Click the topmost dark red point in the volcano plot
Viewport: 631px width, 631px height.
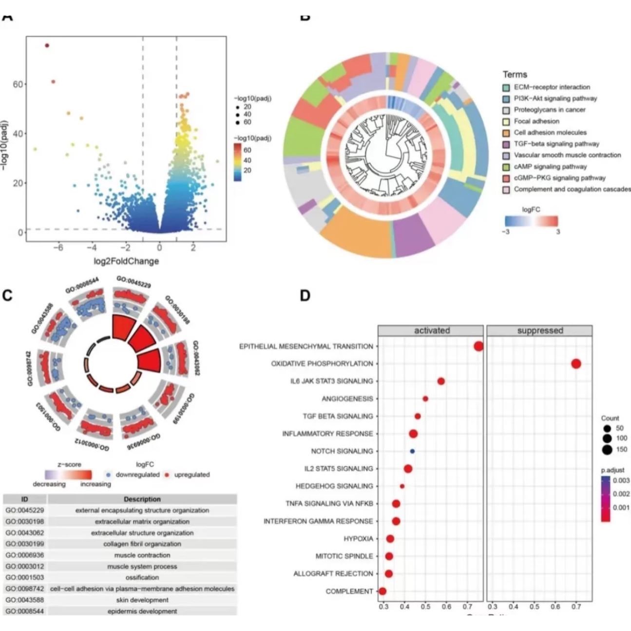[x=47, y=45]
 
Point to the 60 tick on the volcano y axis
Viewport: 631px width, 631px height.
[x=18, y=84]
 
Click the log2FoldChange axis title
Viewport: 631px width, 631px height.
[x=126, y=261]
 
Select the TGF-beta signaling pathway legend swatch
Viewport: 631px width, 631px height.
[x=507, y=144]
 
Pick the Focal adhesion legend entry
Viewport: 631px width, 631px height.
[x=536, y=121]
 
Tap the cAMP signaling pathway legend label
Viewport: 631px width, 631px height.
[x=550, y=167]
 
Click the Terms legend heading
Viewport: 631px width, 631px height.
[x=515, y=75]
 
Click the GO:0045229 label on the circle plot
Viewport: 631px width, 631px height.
[x=134, y=282]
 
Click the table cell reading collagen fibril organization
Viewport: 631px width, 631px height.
[x=142, y=544]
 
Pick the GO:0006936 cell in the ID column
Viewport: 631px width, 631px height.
[x=25, y=555]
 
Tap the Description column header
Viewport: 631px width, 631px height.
[x=142, y=499]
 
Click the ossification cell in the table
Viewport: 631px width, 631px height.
[x=142, y=578]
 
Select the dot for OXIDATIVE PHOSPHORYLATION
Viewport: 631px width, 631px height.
[x=576, y=364]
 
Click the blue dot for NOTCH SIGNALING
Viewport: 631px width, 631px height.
[x=412, y=451]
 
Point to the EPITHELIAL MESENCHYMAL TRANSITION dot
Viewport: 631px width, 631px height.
[x=478, y=346]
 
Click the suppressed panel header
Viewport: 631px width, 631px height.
[x=540, y=331]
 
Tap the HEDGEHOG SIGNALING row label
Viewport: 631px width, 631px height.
[x=334, y=486]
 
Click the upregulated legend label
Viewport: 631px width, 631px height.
[x=192, y=475]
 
